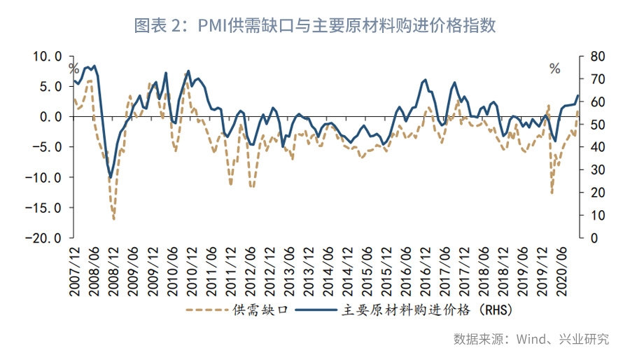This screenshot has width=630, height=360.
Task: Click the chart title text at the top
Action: click(315, 26)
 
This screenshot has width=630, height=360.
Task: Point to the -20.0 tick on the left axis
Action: click(43, 238)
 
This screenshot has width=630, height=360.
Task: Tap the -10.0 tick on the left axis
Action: click(43, 177)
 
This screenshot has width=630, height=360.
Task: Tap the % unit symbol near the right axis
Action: click(555, 69)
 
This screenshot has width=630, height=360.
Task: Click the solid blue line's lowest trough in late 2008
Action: click(110, 178)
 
